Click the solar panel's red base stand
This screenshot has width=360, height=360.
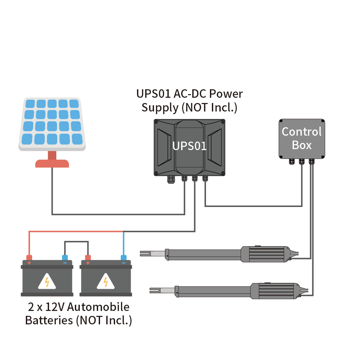[52, 163]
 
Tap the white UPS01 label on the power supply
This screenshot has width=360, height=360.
[190, 146]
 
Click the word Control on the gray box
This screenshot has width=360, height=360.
[301, 132]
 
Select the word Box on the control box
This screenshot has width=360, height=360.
[301, 145]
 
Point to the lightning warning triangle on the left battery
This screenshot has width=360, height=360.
[47, 282]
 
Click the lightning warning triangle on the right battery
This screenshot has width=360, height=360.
[106, 282]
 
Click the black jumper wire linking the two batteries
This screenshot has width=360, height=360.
[76, 242]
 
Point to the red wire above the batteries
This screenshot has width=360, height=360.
[75, 231]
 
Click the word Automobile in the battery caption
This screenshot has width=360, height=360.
[98, 307]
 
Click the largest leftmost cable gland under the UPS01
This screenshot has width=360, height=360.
[171, 180]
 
